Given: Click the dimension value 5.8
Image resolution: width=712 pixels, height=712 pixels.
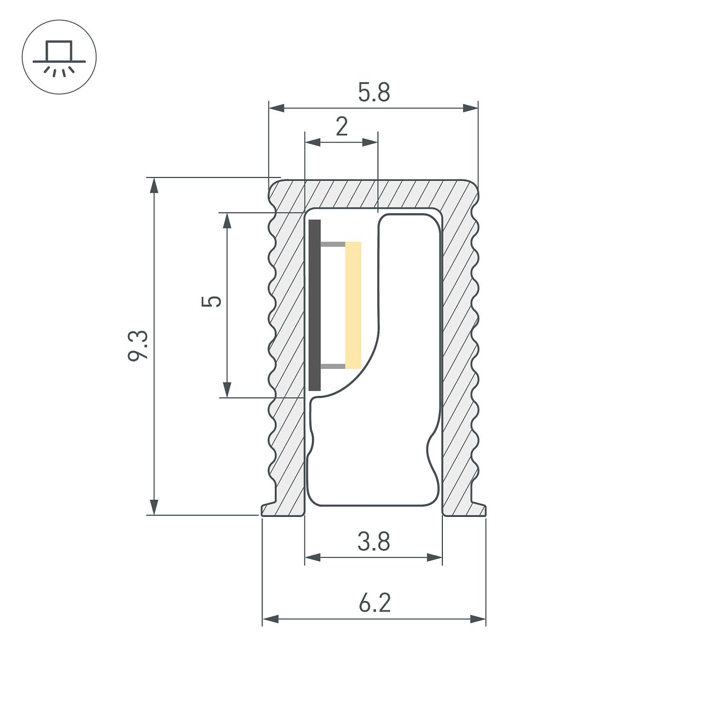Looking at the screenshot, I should tap(374, 93).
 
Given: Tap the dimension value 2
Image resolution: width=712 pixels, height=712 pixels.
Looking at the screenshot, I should tap(342, 127).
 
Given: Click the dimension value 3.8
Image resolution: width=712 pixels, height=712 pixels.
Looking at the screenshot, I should tap(374, 542).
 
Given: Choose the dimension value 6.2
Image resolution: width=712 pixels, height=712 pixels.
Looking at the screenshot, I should tap(374, 603).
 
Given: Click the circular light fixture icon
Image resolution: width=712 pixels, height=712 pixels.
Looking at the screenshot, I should tap(59, 57).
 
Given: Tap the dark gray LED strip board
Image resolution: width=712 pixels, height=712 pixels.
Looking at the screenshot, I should tap(315, 305).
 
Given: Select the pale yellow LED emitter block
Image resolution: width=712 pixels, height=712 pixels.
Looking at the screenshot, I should tap(353, 305).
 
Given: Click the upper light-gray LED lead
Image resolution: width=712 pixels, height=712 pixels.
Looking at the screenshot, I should tap(333, 244).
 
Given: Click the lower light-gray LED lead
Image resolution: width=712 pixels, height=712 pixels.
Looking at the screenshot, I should tap(333, 366).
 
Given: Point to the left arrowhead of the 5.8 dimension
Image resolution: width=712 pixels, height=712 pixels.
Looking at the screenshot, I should tap(277, 109).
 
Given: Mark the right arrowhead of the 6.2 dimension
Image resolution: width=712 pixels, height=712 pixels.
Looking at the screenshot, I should tap(478, 619).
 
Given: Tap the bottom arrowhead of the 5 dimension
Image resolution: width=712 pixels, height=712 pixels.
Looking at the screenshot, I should tap(227, 389).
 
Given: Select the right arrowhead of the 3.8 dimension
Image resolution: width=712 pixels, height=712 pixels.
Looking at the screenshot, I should tap(434, 557).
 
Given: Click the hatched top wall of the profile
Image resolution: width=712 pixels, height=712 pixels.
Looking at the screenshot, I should tap(374, 193).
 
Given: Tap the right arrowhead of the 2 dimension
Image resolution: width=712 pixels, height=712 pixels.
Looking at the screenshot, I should tap(370, 142).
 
